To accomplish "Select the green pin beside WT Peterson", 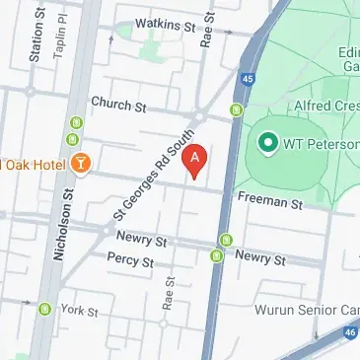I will tap(265, 143).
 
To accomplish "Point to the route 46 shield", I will tap(351, 334).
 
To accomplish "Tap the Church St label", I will tap(117, 102).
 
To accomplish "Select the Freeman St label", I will tap(270, 202).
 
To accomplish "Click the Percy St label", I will tap(131, 262).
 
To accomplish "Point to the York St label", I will tap(80, 310).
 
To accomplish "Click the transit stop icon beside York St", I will tap(44, 310).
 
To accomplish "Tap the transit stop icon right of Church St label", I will tap(236, 109).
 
